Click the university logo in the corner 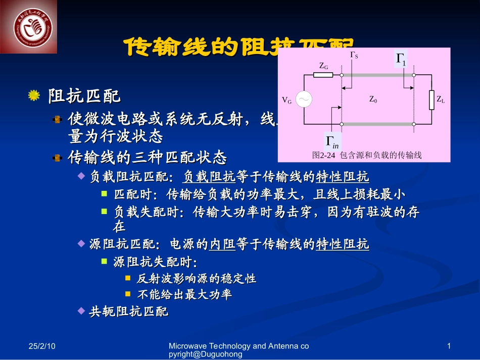coord(29,26)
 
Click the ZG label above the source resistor coord(324,66)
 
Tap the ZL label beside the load coord(441,100)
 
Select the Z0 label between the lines coord(373,100)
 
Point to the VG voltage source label coord(286,100)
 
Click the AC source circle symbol coord(304,99)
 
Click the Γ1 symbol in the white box coord(401,59)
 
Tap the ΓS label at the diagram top coord(354,55)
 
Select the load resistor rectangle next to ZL coord(431,99)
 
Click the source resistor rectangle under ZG coord(323,75)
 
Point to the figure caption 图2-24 coord(367,156)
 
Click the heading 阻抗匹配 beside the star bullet coord(84,95)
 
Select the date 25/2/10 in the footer coord(41,346)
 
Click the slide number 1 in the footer coord(449,346)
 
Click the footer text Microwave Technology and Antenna coord(238,346)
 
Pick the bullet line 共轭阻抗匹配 coord(129,312)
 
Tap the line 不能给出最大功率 coord(184,294)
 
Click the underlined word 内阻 coord(223,245)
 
